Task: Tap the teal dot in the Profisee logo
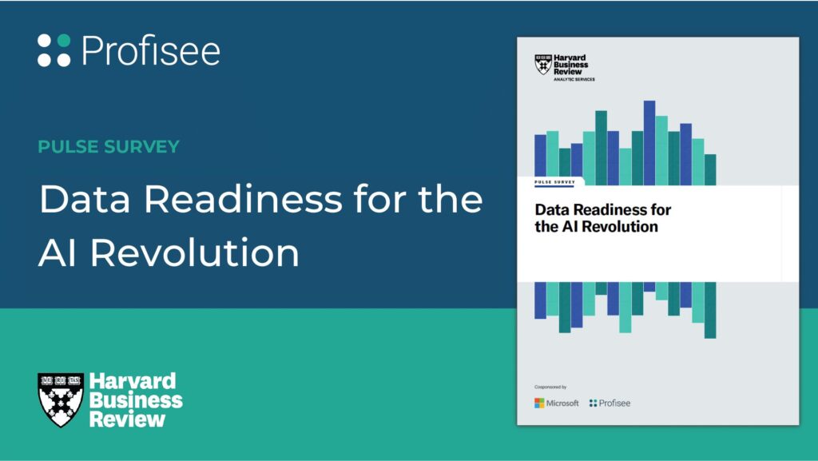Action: (64, 41)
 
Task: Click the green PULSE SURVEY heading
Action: (109, 146)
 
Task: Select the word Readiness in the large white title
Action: (243, 199)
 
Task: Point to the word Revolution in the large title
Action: (195, 252)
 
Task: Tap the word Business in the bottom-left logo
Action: (136, 400)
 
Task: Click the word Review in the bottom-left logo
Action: (127, 419)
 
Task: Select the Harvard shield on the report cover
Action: (543, 64)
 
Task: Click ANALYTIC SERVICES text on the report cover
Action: (574, 79)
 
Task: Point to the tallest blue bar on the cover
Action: (649, 143)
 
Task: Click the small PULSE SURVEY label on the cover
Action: (554, 182)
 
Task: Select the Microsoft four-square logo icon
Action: (539, 403)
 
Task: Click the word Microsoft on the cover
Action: (562, 403)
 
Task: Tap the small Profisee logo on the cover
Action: (610, 403)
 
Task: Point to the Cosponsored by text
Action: (550, 387)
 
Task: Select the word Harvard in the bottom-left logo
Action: (133, 381)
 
